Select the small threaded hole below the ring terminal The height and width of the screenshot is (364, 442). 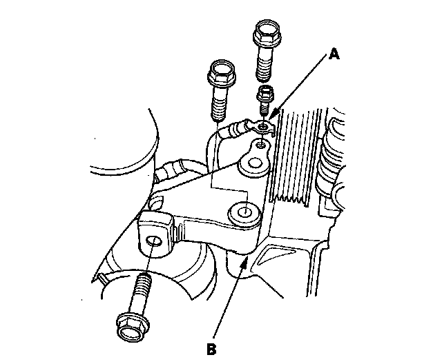(260, 145)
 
